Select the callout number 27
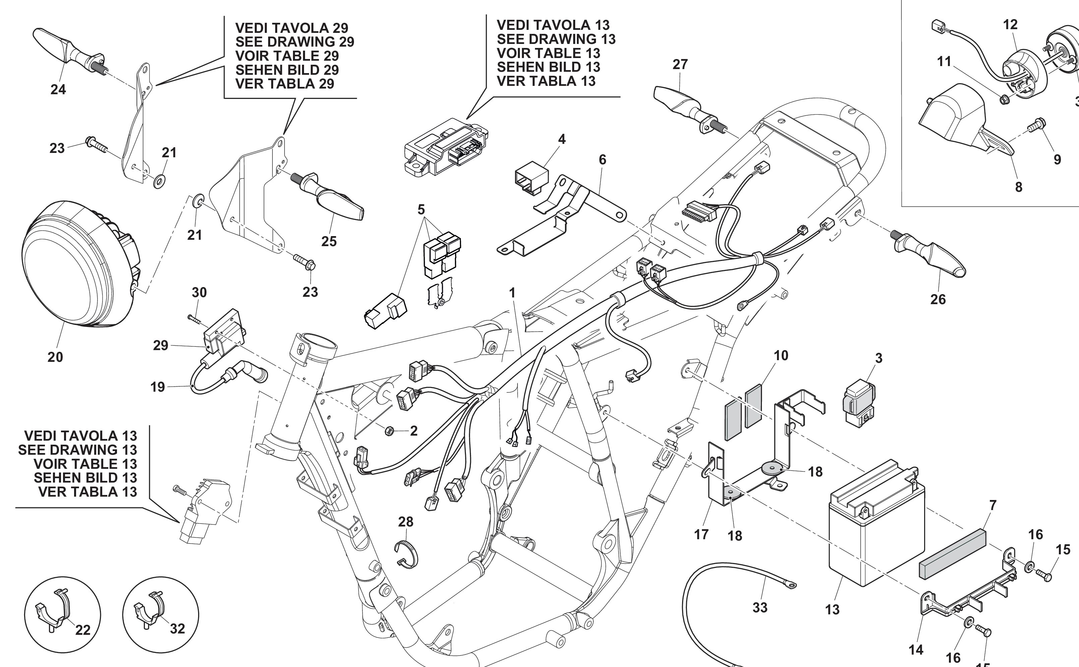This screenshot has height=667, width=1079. click(x=680, y=64)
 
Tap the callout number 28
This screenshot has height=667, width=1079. click(x=406, y=522)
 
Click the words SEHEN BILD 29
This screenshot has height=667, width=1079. click(x=287, y=70)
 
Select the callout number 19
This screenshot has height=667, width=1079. click(x=158, y=387)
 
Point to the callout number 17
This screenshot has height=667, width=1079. click(x=701, y=534)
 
